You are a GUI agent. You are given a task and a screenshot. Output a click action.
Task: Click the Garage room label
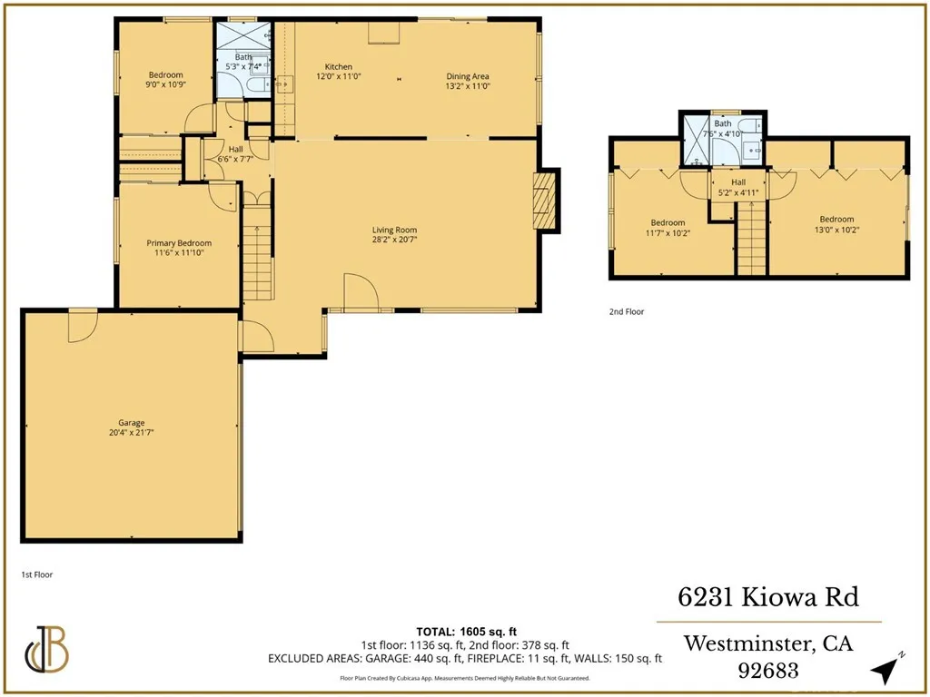(x=131, y=423)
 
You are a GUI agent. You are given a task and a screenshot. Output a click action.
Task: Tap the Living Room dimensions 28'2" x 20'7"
(x=393, y=241)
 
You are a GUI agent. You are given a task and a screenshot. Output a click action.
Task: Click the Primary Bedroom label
(x=179, y=242)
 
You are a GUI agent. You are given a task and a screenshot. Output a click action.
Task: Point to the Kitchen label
(x=339, y=67)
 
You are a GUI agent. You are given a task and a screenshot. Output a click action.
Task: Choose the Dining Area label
(x=468, y=75)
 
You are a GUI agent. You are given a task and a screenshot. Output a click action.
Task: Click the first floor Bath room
(x=242, y=60)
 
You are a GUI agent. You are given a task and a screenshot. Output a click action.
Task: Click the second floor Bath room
(x=723, y=137)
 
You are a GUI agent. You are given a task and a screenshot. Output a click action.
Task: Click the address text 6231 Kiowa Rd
(x=768, y=597)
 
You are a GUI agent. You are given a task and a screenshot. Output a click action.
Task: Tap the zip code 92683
(x=768, y=672)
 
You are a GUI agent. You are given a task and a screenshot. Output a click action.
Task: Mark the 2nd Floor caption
(x=627, y=311)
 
